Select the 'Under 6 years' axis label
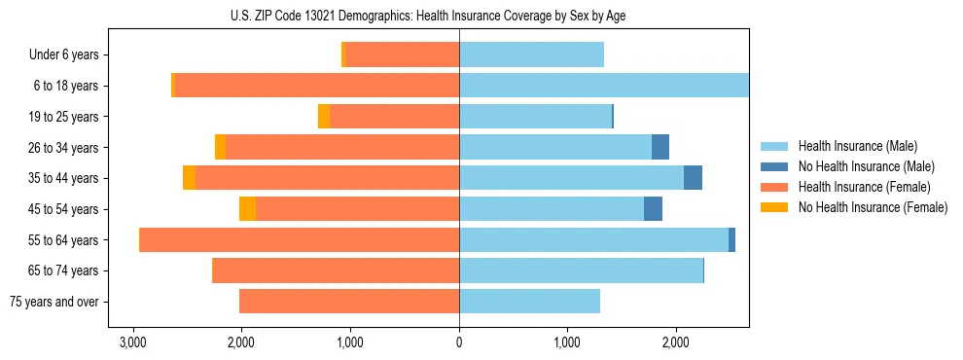coord(70,55)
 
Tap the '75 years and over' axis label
coord(54,302)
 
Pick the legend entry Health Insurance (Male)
coord(857,146)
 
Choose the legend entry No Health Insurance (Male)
coord(866,166)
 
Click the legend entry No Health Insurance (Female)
coord(873,207)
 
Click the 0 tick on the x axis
coord(459,342)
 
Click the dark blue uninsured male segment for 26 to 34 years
coord(660,147)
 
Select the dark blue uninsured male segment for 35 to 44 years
coord(693,178)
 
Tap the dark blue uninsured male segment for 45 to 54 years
coord(653,209)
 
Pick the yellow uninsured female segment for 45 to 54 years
coord(248,209)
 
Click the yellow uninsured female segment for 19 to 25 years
coord(324,117)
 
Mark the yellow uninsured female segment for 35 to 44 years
coord(189,178)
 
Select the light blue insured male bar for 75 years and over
coord(529,302)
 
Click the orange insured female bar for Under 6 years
coord(402,55)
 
